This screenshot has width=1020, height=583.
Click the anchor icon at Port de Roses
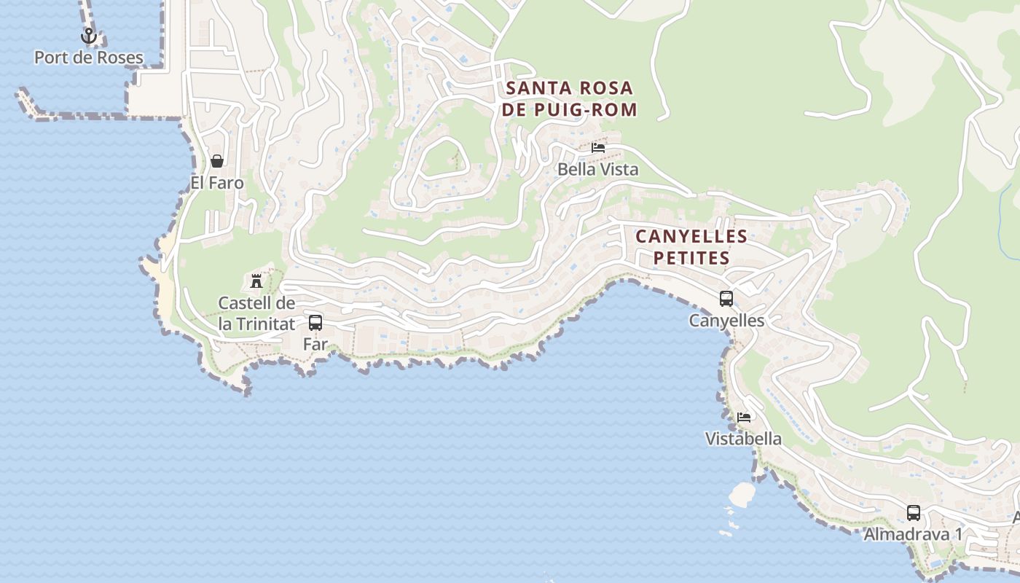(x=89, y=36)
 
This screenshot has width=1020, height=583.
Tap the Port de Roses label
(x=89, y=58)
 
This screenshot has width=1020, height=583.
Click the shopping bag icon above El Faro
(x=216, y=161)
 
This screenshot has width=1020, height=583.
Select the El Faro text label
(x=217, y=183)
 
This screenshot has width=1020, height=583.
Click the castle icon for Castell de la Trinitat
(x=256, y=281)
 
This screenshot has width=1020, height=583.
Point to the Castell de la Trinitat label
(x=256, y=313)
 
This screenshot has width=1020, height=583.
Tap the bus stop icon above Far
(x=315, y=322)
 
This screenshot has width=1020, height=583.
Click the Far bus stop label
(x=315, y=344)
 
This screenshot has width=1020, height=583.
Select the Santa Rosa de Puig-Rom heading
(x=570, y=99)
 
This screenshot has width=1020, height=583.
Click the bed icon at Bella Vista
(x=598, y=147)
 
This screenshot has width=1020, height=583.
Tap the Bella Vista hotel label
(x=597, y=170)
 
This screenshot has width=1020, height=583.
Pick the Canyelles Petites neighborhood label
(x=691, y=247)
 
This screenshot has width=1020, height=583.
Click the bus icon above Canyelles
(x=726, y=298)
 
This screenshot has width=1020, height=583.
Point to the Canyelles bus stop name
(x=726, y=321)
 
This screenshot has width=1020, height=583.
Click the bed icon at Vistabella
(x=744, y=417)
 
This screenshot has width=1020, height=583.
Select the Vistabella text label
(x=743, y=439)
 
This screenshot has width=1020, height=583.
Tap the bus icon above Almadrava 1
(x=914, y=512)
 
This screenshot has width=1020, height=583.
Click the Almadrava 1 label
(x=913, y=534)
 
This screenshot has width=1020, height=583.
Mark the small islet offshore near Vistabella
(x=742, y=494)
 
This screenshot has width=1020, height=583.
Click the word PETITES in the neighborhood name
(x=691, y=258)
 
